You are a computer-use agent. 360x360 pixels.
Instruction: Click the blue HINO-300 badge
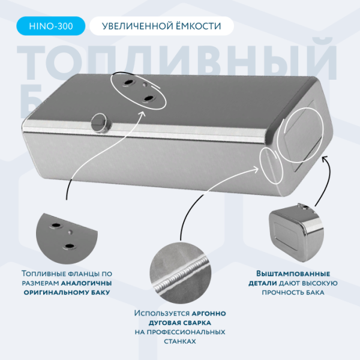point(51,26)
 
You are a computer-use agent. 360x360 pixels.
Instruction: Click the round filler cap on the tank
point(101,123)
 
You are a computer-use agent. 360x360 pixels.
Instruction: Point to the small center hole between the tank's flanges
point(145,85)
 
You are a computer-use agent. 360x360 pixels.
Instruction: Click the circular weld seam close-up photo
point(180,274)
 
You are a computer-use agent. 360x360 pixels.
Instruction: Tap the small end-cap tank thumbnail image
point(296,233)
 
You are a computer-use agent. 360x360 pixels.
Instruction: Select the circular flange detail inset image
point(67,239)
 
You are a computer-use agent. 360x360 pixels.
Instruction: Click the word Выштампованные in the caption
point(293,274)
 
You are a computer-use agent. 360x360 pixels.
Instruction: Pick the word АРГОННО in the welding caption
point(209,313)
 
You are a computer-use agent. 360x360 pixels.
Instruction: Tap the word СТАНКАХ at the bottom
point(180,341)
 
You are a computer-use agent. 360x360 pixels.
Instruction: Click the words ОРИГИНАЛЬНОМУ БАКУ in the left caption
point(67,293)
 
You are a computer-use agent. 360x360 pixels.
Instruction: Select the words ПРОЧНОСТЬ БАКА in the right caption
point(293,293)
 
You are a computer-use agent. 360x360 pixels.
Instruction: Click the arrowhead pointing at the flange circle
point(143,113)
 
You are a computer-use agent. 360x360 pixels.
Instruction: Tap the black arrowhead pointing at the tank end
point(324,158)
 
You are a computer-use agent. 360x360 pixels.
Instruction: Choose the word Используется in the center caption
point(162,313)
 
